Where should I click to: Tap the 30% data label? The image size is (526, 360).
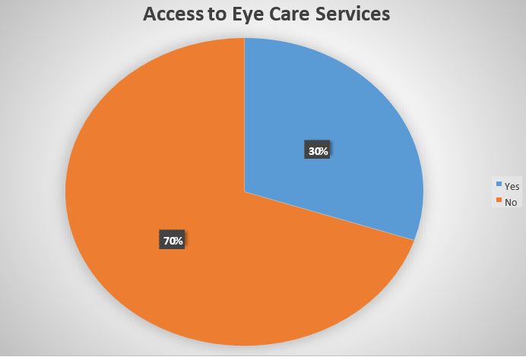(318, 151)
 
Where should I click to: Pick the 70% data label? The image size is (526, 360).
(173, 241)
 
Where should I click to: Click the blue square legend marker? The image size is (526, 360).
(499, 185)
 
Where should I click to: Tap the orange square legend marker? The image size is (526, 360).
(499, 201)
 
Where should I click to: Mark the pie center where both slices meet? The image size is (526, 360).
(244, 191)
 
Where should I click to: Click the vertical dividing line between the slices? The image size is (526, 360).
(244, 114)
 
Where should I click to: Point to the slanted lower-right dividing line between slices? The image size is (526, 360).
(329, 216)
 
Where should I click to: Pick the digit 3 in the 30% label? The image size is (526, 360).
(312, 151)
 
